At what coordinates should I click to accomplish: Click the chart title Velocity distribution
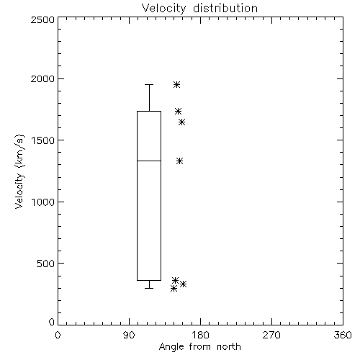click(199, 8)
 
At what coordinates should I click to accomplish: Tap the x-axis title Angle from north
click(199, 346)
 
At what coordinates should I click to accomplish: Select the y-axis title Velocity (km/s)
click(19, 171)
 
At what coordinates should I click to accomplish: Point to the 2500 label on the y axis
click(42, 19)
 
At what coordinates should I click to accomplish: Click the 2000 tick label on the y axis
click(42, 78)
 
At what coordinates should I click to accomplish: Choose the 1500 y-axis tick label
click(43, 140)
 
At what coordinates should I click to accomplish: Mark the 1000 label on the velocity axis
click(43, 202)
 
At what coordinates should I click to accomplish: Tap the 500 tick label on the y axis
click(46, 264)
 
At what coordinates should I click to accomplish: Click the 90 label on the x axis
click(129, 335)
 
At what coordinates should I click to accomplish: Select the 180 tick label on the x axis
click(200, 335)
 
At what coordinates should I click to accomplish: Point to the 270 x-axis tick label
click(271, 335)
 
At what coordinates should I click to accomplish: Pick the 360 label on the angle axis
click(343, 335)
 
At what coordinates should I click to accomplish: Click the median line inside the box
click(149, 161)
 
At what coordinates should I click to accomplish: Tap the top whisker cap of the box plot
click(149, 84)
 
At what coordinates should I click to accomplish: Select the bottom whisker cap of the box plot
click(149, 288)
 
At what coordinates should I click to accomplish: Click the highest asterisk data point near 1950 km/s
click(176, 84)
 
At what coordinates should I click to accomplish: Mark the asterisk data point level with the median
click(179, 161)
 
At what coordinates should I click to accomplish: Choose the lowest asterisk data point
click(174, 288)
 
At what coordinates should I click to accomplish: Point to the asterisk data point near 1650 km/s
click(181, 122)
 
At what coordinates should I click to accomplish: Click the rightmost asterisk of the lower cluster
click(183, 284)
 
